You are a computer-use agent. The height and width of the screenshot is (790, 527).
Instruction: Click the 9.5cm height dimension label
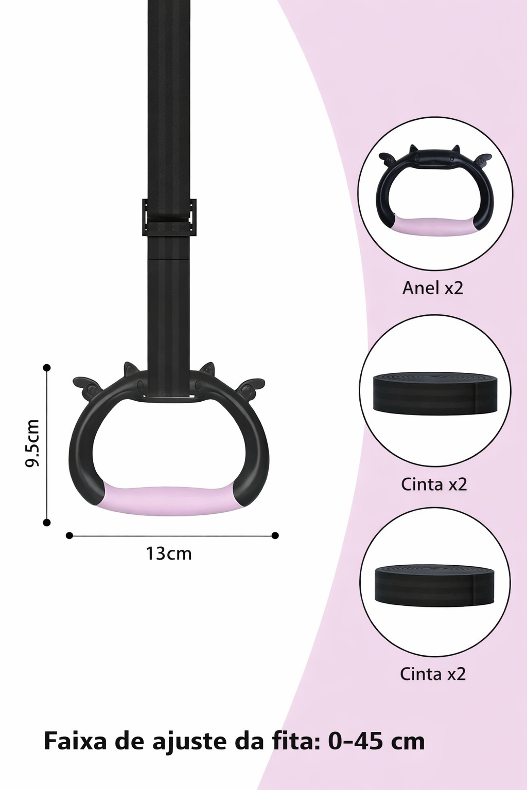tap(32, 443)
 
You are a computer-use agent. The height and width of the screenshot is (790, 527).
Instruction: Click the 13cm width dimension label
tap(169, 553)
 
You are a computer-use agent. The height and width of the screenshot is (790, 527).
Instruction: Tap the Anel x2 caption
tap(433, 288)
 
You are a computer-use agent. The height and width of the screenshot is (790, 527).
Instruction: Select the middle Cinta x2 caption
tap(434, 484)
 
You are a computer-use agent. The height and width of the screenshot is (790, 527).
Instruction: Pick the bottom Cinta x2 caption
tap(433, 674)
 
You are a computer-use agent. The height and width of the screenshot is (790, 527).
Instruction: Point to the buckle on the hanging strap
tap(169, 217)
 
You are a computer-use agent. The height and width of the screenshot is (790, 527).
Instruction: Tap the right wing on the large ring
tap(251, 385)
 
